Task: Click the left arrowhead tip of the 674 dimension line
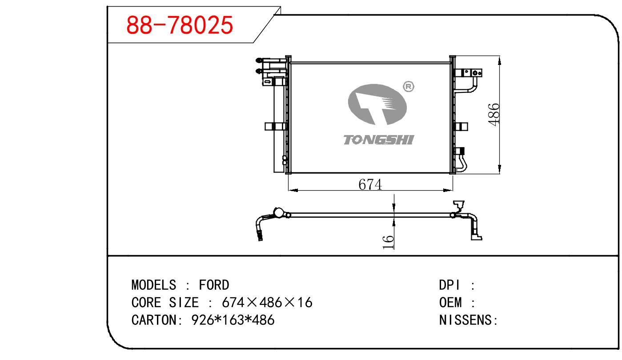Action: tap(289, 190)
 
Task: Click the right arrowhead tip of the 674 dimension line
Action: tap(453, 190)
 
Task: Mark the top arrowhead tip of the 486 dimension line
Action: tap(499, 56)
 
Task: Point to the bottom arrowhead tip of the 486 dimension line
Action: tap(499, 174)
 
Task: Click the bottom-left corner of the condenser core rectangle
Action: tap(290, 172)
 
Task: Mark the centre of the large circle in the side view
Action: tap(278, 213)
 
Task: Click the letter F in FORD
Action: tap(202, 285)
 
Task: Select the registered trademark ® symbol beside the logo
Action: tap(408, 87)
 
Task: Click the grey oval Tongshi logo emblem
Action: tap(377, 104)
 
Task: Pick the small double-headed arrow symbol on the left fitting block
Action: tap(267, 82)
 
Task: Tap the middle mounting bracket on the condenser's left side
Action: tap(275, 126)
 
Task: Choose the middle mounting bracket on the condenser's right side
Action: tap(461, 127)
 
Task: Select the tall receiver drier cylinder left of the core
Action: tap(280, 125)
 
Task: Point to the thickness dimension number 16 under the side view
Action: tap(388, 242)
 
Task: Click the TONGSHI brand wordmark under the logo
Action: tap(379, 140)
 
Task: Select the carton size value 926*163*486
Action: tap(233, 320)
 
